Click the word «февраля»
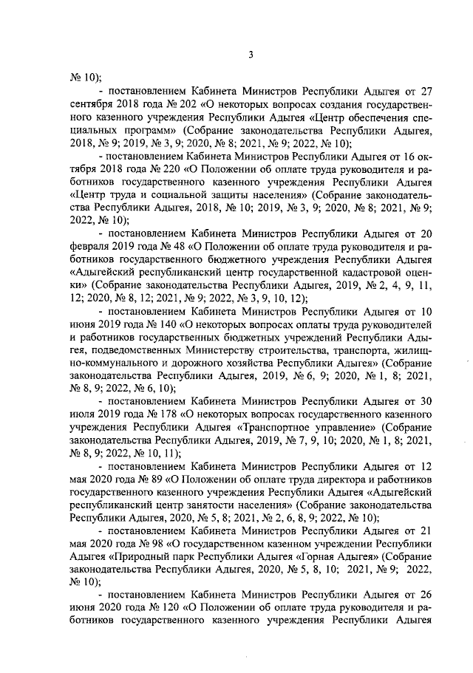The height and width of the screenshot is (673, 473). [92, 247]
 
